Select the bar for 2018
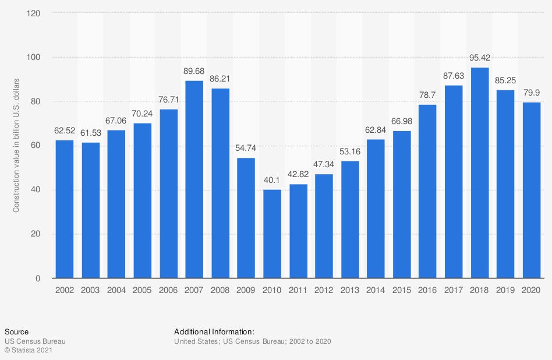tap(480, 173)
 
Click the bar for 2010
tap(272, 234)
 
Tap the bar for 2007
tap(194, 179)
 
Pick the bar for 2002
tap(64, 209)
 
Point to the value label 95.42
tap(480, 59)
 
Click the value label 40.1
tap(272, 181)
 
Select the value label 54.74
tap(246, 149)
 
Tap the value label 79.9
tap(532, 93)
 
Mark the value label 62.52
tap(64, 131)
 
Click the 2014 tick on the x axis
tap(376, 290)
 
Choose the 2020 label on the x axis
tap(532, 290)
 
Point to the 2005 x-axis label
tap(142, 290)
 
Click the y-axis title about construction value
tap(16, 145)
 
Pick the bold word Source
tap(16, 331)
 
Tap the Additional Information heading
tap(214, 331)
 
